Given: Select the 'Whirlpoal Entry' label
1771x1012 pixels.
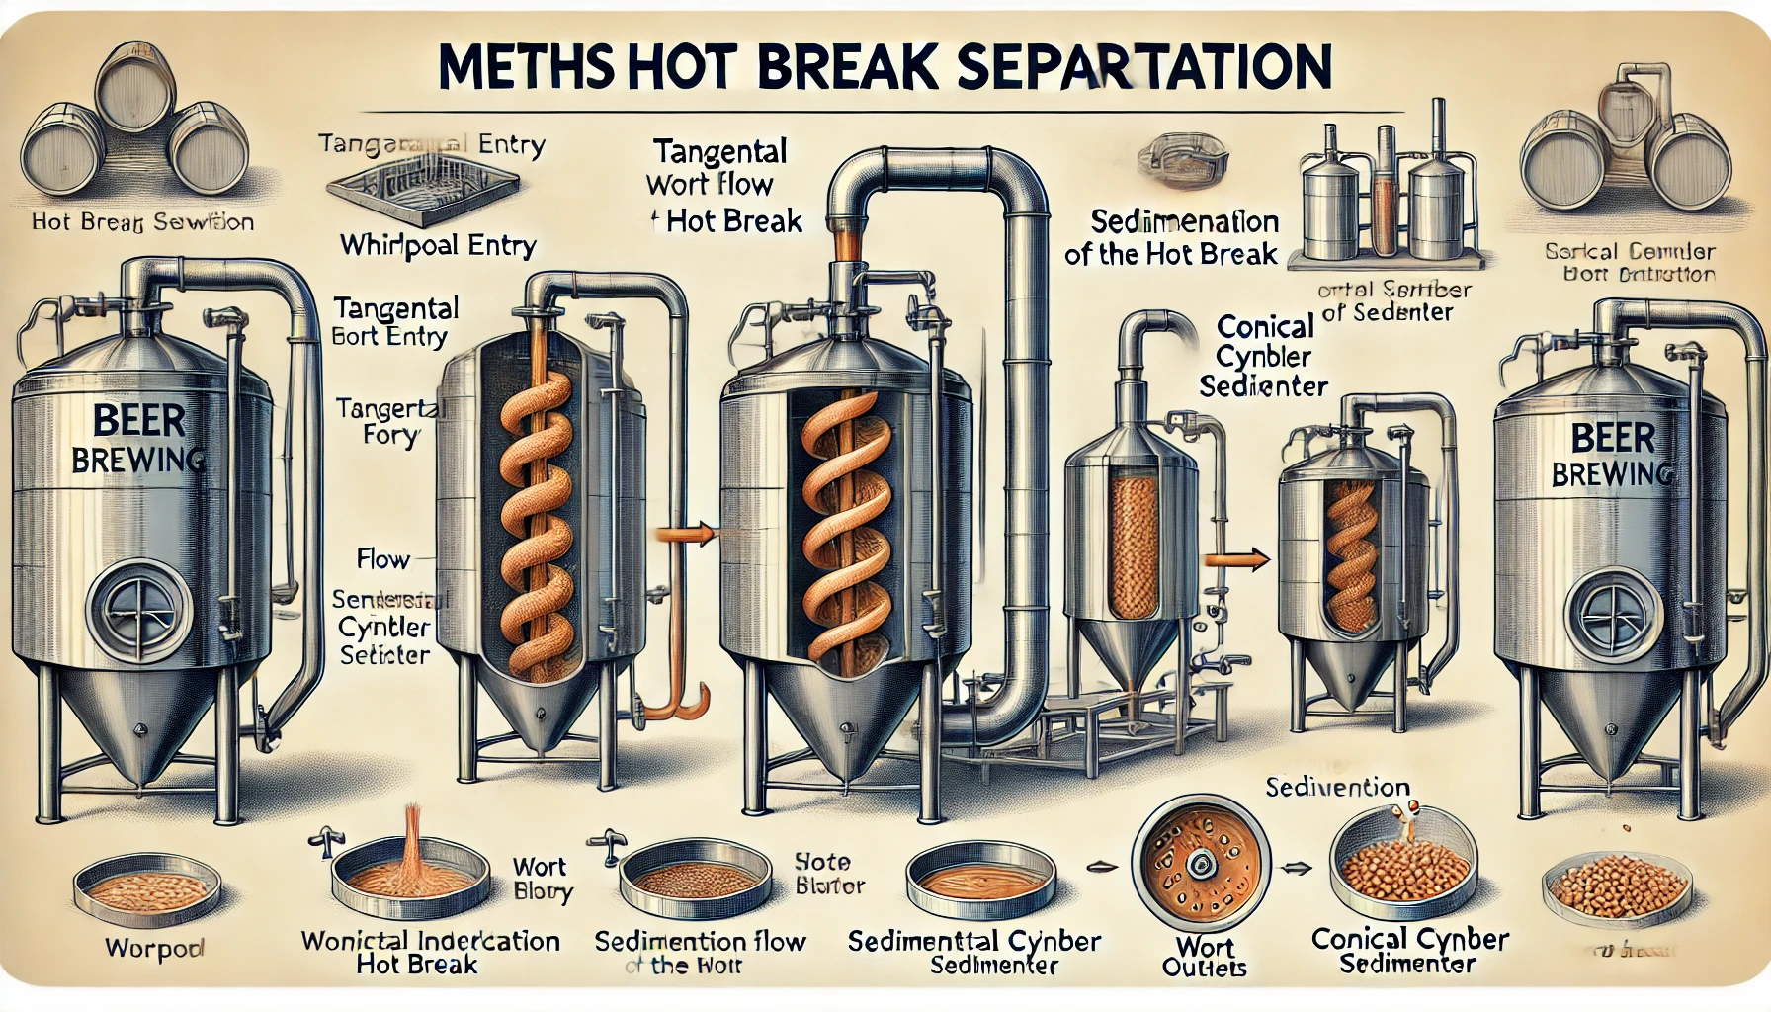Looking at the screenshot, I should point(438,244).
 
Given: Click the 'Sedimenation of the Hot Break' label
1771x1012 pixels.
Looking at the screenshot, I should point(1173,237).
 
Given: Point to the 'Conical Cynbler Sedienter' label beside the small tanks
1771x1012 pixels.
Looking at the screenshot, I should point(1264,356).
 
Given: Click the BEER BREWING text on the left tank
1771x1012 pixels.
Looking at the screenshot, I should point(138,439).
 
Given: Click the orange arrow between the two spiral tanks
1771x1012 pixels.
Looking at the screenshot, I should point(685,535).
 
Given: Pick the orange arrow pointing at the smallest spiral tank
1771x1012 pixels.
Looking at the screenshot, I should point(1238,560).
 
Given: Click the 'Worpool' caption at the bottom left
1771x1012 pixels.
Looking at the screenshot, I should point(154,949).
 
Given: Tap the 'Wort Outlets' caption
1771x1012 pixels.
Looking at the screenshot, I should point(1205,958).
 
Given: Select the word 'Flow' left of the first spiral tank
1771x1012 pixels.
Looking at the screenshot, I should point(382,559).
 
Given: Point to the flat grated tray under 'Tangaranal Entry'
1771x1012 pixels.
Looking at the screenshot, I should point(423,189).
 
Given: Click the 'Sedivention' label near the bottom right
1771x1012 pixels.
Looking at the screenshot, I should point(1337,788).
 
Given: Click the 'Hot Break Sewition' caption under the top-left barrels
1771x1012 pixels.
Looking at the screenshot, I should point(142,222).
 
